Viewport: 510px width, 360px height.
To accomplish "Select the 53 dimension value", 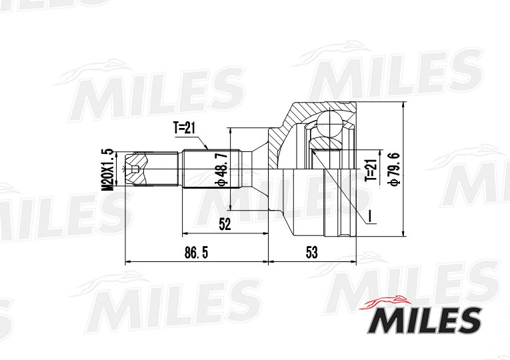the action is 311,253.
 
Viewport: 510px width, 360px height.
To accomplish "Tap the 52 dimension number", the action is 225,225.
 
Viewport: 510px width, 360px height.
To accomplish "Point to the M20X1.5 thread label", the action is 107,169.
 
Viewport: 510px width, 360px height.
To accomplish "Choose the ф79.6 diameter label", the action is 394,169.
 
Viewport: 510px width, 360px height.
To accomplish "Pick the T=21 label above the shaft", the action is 184,128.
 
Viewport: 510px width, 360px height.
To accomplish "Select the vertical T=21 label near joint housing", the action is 371,170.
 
